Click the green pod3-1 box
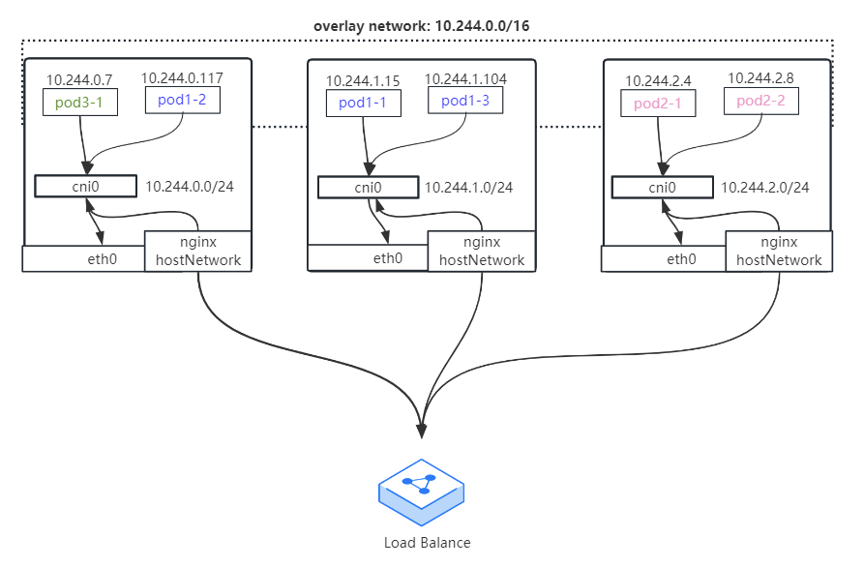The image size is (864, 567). point(80,102)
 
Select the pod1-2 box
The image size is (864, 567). point(183,100)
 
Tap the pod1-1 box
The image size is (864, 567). point(363,103)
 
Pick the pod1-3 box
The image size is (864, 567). point(465,101)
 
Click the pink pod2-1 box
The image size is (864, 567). point(658,103)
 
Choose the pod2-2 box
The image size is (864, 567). point(761,101)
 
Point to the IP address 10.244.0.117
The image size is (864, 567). point(182,78)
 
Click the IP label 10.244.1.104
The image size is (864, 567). point(465,79)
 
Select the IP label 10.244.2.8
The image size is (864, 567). point(760,78)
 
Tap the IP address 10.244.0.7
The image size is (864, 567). point(79,80)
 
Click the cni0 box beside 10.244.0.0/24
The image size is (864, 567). point(85,186)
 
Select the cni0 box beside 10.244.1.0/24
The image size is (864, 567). point(368,188)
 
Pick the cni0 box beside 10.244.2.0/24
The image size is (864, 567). point(663,188)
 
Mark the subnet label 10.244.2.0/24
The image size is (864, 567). point(764,188)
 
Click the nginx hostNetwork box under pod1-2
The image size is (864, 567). point(197,252)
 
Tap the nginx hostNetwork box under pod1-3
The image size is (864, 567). point(482,252)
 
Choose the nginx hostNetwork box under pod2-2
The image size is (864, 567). point(779,252)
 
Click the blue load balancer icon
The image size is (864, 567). point(422,492)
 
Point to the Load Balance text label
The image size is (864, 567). point(427,543)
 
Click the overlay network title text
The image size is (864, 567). point(422,26)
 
